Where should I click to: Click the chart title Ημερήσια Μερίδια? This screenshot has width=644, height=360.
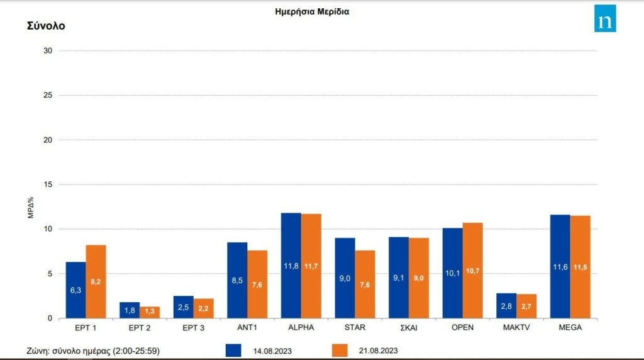click(312, 11)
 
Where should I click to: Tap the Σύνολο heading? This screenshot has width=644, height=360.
click(46, 26)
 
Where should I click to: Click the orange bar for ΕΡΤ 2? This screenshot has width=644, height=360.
click(150, 312)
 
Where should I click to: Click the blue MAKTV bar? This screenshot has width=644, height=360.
click(506, 306)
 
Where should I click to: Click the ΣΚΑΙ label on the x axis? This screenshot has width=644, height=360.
click(409, 328)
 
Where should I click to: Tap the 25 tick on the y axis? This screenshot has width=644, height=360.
click(47, 95)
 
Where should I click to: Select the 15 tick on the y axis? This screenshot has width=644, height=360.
click(47, 184)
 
